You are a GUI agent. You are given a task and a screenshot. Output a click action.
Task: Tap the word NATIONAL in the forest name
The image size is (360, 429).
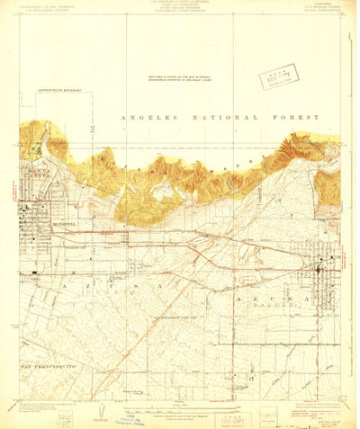pyautogui.click(x=211, y=118)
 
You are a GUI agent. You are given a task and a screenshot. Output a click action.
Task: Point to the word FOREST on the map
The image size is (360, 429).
pyautogui.click(x=267, y=118)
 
